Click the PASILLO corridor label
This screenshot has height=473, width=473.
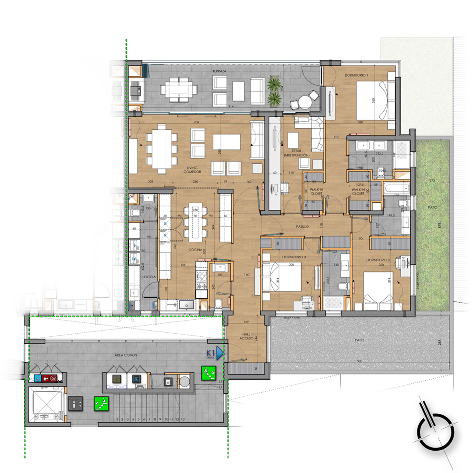pos(302,227)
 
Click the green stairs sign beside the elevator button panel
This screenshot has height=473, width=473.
pos(101,403)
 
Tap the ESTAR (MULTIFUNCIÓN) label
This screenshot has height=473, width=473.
pos(297,153)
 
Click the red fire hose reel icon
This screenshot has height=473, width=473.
pos(53,378)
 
